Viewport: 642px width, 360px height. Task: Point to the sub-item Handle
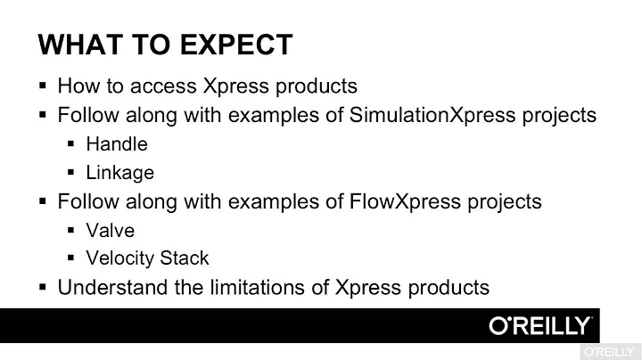(x=117, y=143)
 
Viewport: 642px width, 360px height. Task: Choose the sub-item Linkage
(x=119, y=172)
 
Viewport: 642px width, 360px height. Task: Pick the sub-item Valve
(x=111, y=230)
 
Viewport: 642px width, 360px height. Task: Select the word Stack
(x=185, y=258)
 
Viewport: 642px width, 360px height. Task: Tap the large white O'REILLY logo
(x=539, y=325)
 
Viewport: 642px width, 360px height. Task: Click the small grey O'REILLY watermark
(x=610, y=350)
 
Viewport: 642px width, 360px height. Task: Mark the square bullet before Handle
(x=71, y=143)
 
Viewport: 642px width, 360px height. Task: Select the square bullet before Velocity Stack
(x=71, y=258)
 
